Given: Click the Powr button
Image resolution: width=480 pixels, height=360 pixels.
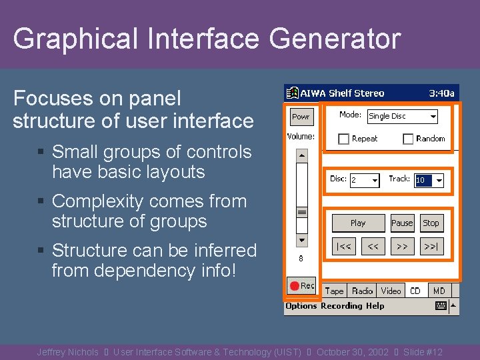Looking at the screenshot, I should (301, 117).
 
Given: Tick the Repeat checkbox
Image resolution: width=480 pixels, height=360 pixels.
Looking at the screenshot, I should (344, 139).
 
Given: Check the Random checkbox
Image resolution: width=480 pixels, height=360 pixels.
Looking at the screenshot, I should (408, 139).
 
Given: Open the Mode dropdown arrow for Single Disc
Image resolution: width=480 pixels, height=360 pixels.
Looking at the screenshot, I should (433, 116).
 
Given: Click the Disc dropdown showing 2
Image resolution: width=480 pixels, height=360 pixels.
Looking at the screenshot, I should (364, 180).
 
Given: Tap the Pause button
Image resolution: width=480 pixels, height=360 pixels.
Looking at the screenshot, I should (402, 223).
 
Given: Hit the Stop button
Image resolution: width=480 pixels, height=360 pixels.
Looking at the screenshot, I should (431, 223).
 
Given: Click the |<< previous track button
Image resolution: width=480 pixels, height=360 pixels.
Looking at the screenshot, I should (344, 246).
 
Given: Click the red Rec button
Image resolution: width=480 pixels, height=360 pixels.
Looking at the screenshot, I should (301, 285).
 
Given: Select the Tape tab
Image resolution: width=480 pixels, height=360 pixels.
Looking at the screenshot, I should (334, 291).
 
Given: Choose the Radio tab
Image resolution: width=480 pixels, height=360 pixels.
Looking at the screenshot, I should (362, 291).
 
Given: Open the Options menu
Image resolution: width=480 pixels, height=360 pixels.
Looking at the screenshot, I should (301, 306).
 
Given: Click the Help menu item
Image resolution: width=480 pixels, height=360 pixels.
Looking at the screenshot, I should (375, 306).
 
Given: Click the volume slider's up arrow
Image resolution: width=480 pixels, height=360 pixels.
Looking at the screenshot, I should (302, 155).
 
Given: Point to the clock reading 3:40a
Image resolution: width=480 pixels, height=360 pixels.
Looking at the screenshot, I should (441, 93).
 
